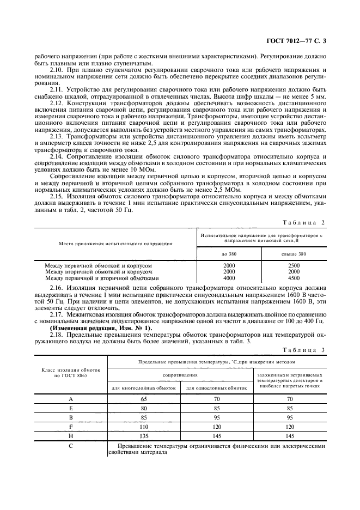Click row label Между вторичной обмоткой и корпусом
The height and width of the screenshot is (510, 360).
pos(98,271)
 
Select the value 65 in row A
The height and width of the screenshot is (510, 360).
pos(143,399)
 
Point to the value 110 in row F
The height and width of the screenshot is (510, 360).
pos(143,426)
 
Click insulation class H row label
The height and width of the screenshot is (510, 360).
pos(71,435)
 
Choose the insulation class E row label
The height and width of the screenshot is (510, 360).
pos(71,408)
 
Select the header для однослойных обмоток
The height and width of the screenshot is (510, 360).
pos(217,387)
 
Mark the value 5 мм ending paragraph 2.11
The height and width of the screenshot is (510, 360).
pos(321,96)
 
